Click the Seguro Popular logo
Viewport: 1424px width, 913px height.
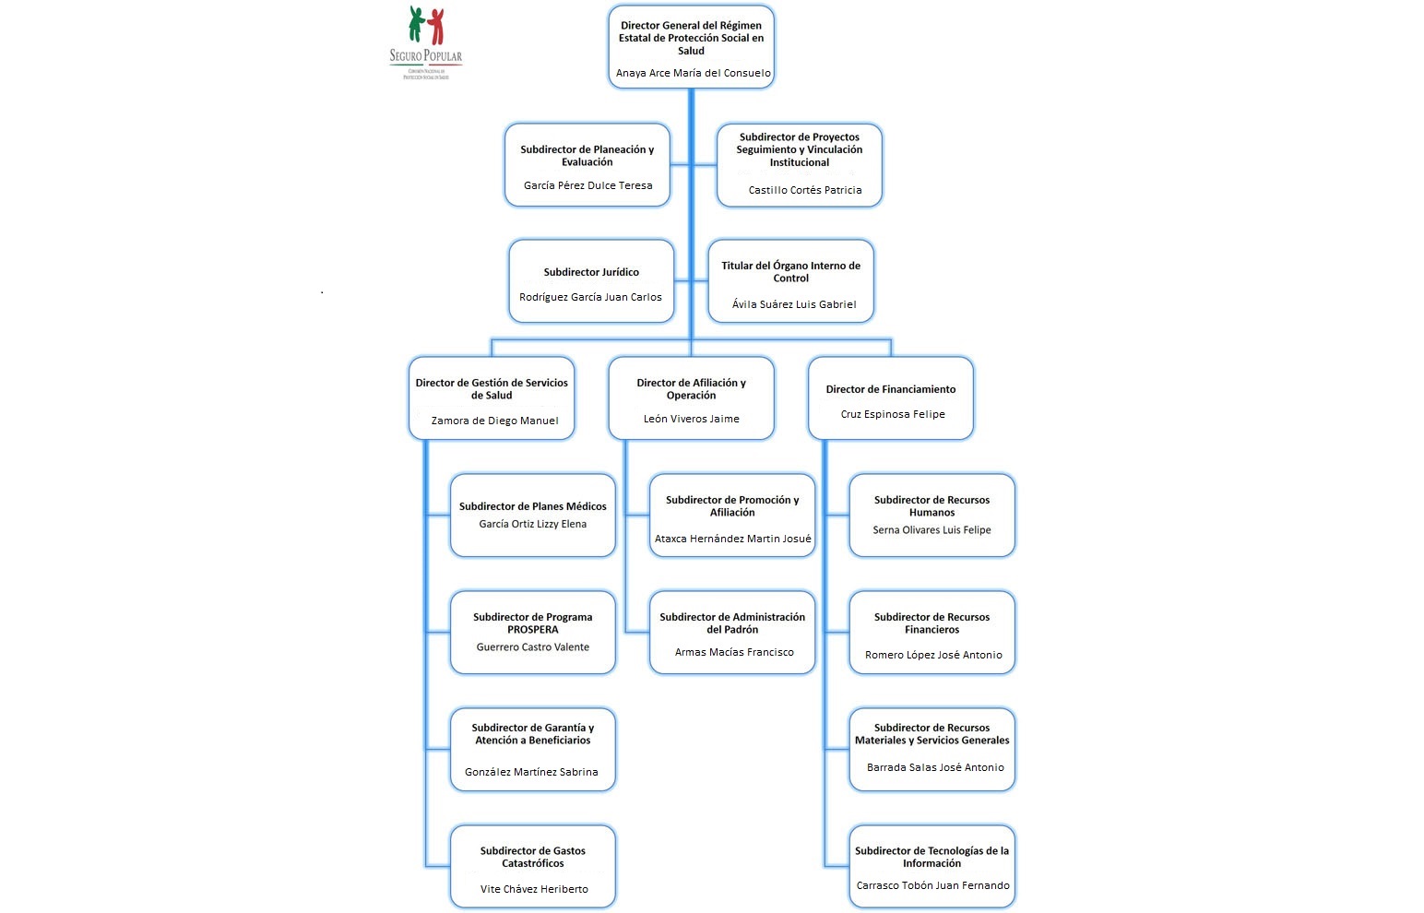(x=425, y=41)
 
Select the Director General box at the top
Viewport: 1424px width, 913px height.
(x=691, y=46)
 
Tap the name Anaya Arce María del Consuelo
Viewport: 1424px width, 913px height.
(x=693, y=73)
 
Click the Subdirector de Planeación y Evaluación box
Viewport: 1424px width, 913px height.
(x=587, y=164)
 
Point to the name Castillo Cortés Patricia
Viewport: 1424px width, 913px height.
(x=804, y=190)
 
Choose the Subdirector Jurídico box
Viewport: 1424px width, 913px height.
(x=591, y=281)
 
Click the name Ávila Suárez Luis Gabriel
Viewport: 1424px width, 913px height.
(x=793, y=304)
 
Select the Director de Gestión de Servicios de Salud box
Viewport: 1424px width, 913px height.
(x=492, y=397)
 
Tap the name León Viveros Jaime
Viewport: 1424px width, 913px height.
(x=691, y=419)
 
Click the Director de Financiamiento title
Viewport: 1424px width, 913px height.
(x=890, y=389)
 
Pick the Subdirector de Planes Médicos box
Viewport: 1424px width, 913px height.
(x=532, y=515)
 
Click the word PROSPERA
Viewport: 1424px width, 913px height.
(x=532, y=630)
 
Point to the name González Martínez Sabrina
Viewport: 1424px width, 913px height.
(x=531, y=772)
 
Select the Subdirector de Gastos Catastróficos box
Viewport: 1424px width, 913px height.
(x=532, y=866)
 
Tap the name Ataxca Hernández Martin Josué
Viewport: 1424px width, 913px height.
(x=732, y=539)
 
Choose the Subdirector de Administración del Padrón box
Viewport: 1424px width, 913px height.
(x=732, y=632)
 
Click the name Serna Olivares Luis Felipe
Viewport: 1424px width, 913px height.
(x=932, y=530)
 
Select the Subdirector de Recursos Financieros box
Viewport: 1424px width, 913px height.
(x=932, y=632)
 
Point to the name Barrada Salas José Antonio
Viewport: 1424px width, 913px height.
(x=934, y=767)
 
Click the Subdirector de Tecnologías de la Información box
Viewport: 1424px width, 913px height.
(x=932, y=866)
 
